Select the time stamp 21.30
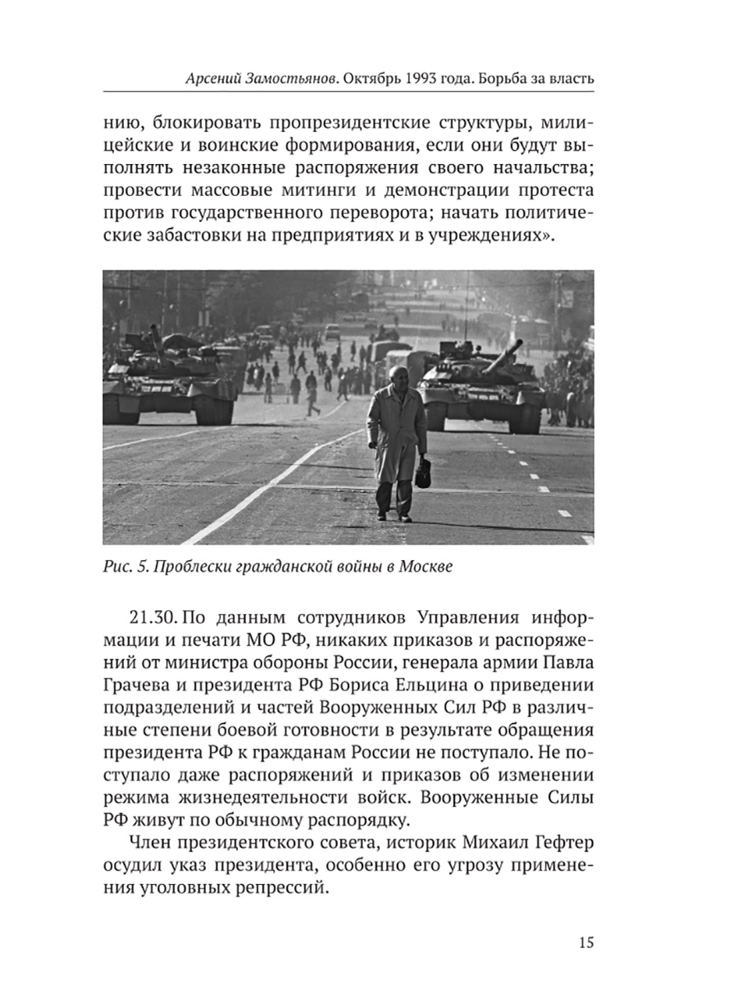coord(153,616)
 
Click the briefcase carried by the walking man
coord(425,473)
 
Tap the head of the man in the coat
coord(396,378)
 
